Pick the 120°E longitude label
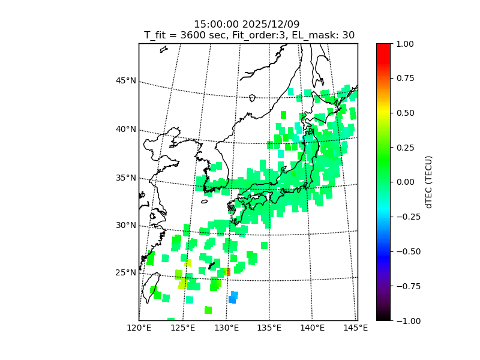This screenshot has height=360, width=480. click(x=139, y=328)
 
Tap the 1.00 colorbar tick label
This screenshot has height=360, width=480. click(x=406, y=44)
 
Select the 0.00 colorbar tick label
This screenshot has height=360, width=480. click(x=406, y=182)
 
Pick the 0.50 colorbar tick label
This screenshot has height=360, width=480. click(x=406, y=113)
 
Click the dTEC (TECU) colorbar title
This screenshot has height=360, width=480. click(x=429, y=182)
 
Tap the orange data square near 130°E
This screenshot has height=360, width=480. click(x=227, y=272)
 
